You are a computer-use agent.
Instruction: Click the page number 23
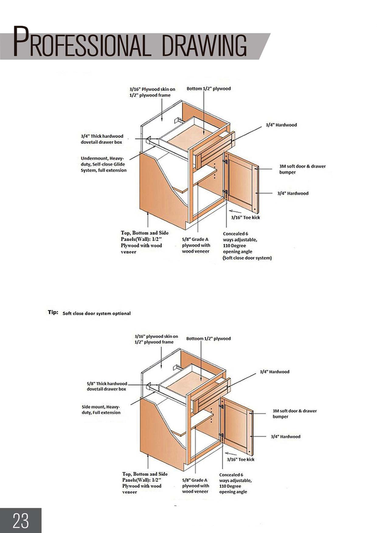pos(21,520)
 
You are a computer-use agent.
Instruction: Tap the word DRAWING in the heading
pos(204,45)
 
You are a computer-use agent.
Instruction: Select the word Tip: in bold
pos(52,313)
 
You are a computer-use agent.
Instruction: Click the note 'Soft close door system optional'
pos(97,314)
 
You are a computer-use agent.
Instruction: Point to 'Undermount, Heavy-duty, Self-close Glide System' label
pos(103,164)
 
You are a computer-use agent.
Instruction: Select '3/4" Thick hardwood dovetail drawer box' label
pos(102,139)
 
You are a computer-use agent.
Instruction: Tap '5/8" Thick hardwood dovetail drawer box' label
pos(107,386)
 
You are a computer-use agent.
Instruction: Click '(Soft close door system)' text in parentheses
pos(247,258)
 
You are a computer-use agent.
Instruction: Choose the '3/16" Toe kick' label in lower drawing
pos(240,460)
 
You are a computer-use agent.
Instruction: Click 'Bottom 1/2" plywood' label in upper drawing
pos(208,89)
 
